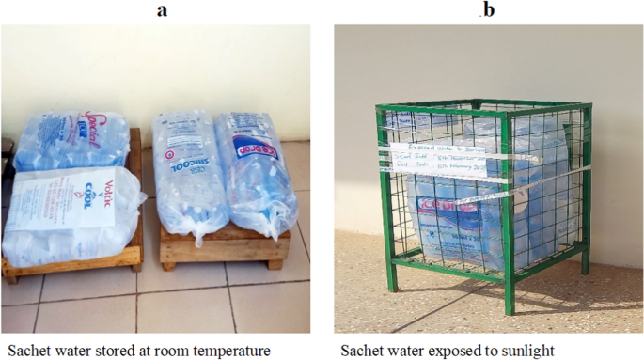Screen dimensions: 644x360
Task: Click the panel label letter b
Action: pos(487,10)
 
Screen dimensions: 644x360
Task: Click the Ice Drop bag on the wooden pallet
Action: pos(256,174)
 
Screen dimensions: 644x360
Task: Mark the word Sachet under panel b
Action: pos(364,351)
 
